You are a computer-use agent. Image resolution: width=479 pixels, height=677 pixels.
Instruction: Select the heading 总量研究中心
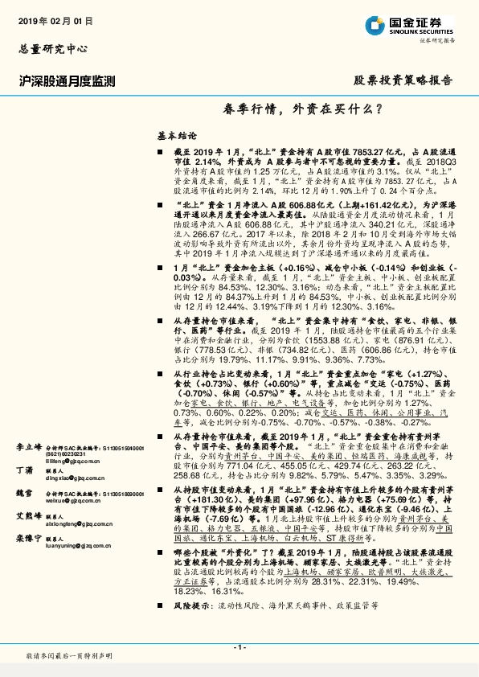pyautogui.click(x=50, y=48)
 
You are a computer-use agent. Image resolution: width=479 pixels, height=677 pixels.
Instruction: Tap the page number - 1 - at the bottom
pyautogui.click(x=239, y=647)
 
